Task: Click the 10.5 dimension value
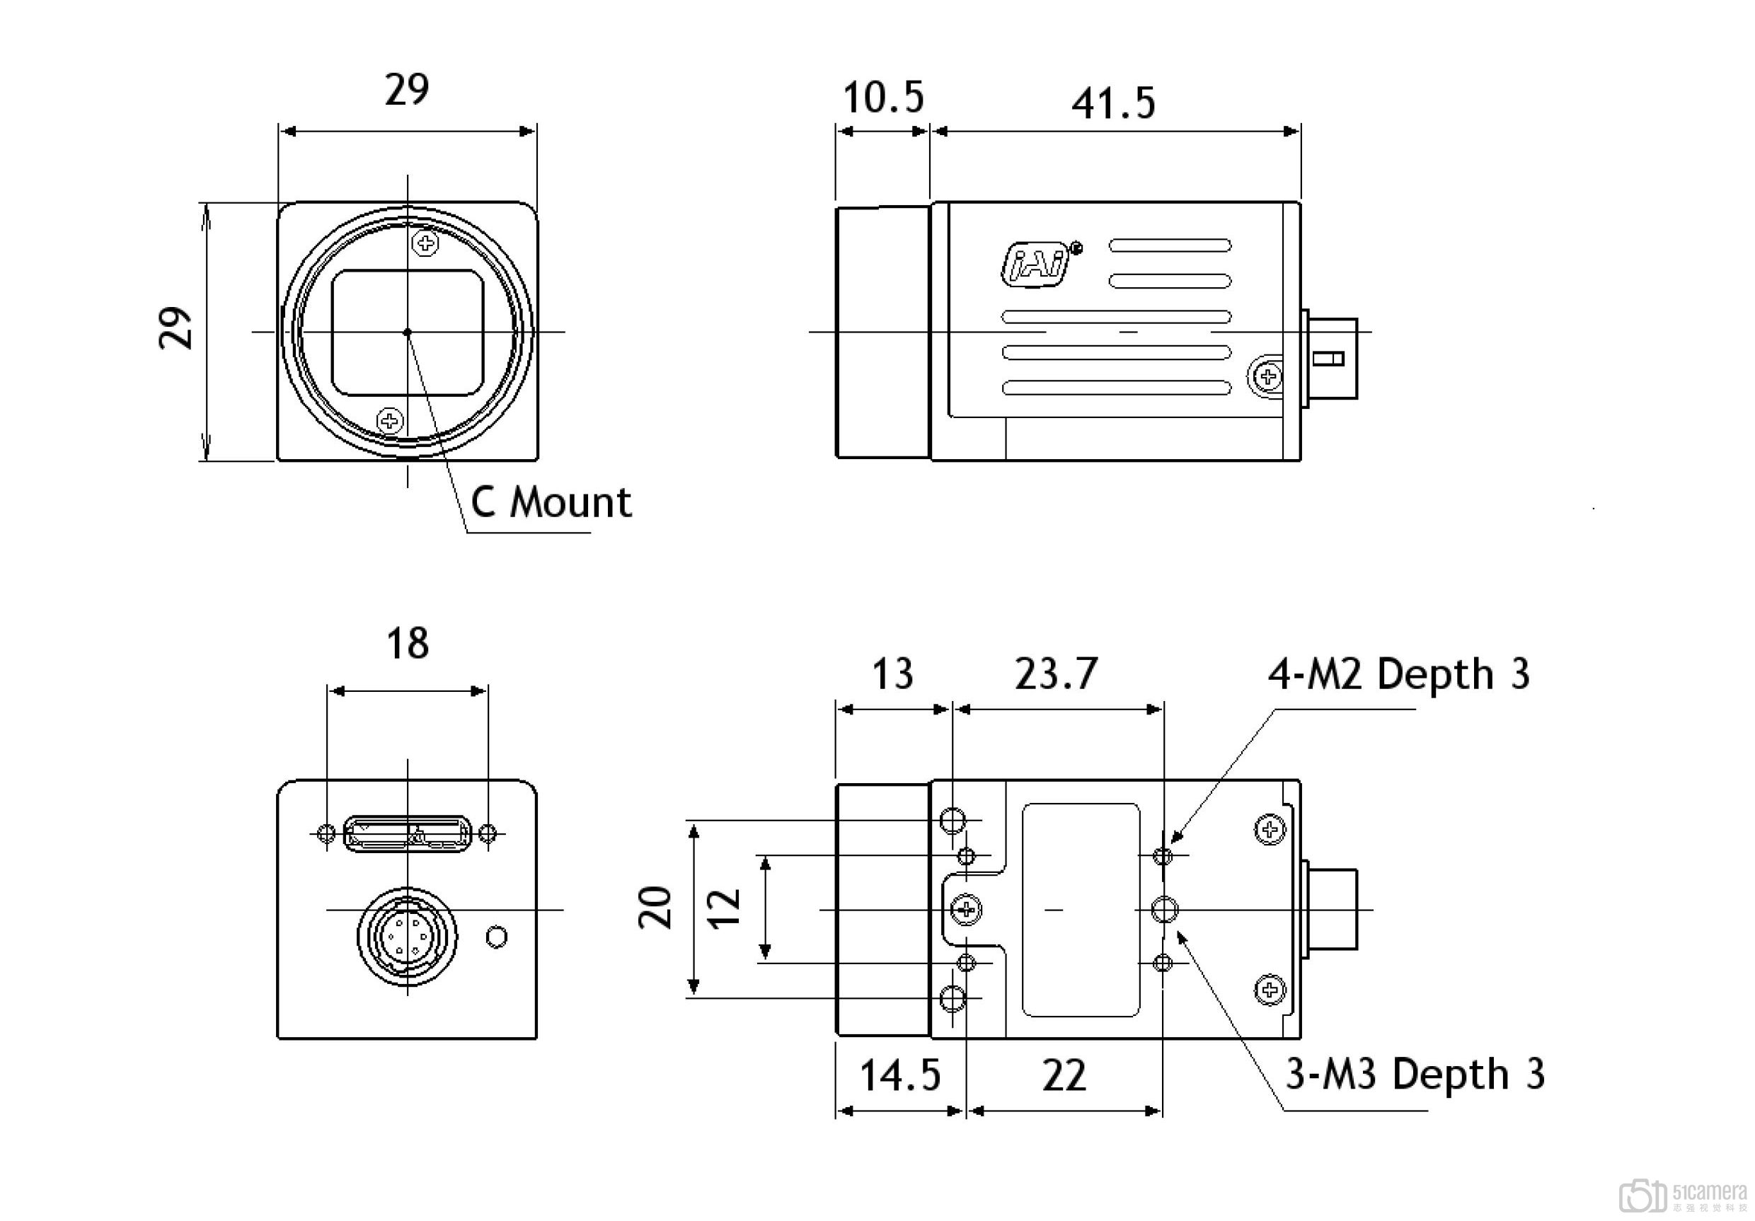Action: point(883,98)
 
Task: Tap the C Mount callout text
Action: point(551,503)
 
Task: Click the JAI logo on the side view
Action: point(1038,265)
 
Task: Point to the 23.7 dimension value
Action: point(1057,674)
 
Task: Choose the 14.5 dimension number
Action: point(899,1076)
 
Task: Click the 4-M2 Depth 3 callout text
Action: point(1399,674)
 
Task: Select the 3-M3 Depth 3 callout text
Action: point(1415,1074)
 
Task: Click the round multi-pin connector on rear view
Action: point(408,936)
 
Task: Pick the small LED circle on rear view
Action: point(497,937)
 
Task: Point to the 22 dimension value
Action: point(1063,1076)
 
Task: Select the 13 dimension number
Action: point(892,674)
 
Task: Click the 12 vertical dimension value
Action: point(725,908)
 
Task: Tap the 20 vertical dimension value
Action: point(656,908)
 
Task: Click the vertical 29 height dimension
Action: point(175,328)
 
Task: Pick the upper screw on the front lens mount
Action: point(425,244)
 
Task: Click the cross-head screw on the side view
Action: point(1269,376)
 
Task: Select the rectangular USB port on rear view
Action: point(408,833)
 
